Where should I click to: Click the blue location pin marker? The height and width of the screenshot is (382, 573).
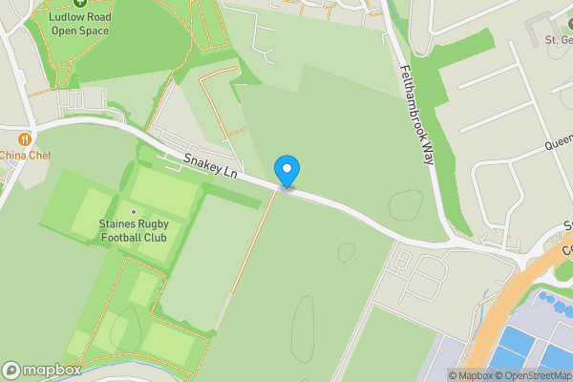coord(286,171)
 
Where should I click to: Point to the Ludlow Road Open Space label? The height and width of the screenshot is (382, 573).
coord(80,24)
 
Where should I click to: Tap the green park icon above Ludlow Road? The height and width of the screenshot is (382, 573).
coord(80,4)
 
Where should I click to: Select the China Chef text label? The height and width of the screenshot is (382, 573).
coord(25,155)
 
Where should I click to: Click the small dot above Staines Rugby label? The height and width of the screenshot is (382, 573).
coord(133,212)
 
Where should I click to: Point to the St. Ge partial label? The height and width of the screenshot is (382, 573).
coord(557,40)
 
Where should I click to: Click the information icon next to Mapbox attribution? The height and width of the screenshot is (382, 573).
coord(439,375)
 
